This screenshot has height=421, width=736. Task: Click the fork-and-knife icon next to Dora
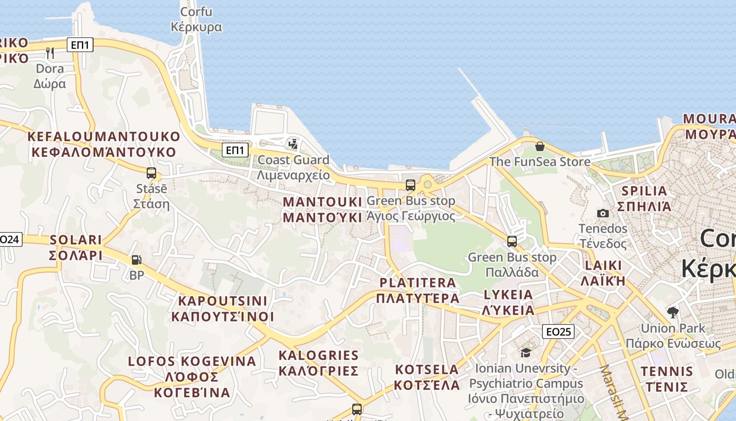point(50,53)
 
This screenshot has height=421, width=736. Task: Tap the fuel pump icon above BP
point(136,259)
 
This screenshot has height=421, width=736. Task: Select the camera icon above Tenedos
point(603,213)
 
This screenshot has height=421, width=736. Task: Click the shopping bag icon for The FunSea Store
point(539,146)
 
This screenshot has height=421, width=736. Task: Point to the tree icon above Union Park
point(672,313)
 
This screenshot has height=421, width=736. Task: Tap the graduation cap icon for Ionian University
point(526,353)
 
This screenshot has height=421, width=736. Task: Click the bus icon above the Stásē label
point(151,173)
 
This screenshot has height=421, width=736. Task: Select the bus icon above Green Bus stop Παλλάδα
point(512,242)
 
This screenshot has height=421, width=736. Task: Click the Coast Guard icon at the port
point(293,143)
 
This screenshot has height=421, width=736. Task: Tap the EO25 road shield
point(558,332)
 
